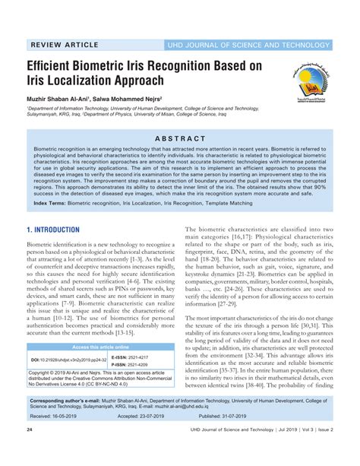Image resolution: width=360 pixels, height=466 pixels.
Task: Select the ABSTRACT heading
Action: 180,138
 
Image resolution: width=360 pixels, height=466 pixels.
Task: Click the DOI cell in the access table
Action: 66,360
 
